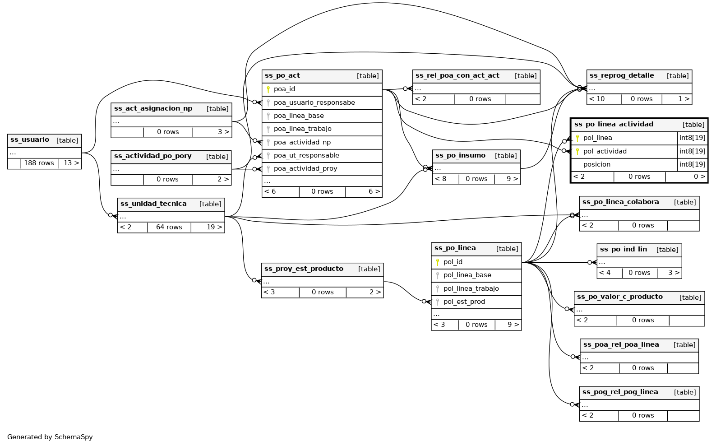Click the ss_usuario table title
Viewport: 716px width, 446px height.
click(30, 140)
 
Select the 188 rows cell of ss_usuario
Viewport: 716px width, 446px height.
click(39, 163)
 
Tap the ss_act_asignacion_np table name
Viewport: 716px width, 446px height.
click(153, 109)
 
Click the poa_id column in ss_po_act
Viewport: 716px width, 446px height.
click(284, 89)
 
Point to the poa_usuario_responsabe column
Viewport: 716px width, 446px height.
click(314, 102)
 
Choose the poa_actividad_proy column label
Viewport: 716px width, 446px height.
click(305, 168)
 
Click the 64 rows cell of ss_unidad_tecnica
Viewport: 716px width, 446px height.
click(169, 227)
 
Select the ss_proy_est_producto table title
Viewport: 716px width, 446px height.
click(304, 269)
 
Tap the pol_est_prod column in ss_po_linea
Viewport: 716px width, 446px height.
click(464, 302)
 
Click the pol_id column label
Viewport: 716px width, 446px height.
click(453, 262)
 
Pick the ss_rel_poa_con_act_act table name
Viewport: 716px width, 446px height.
click(457, 76)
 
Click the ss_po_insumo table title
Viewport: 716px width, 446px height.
click(460, 156)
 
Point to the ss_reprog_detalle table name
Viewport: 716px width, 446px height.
click(622, 76)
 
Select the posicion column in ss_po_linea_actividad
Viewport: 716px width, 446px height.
click(596, 164)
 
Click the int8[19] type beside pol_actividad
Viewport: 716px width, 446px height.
click(692, 151)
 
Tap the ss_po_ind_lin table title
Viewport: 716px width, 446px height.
click(623, 250)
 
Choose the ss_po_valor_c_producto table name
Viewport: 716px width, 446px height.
click(619, 297)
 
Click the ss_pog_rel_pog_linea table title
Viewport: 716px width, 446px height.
click(620, 392)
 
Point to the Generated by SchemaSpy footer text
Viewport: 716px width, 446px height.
click(50, 437)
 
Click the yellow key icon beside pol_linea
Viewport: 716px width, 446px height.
click(577, 138)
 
